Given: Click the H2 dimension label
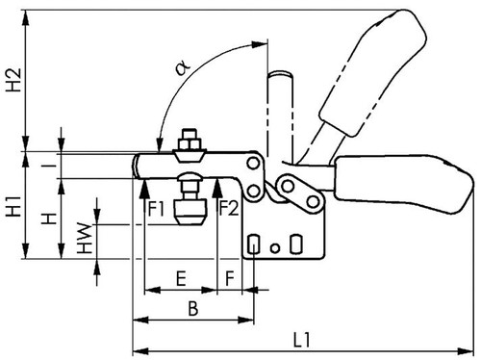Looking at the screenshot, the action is [x=13, y=80].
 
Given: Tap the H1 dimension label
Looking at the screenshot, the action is [x=13, y=206].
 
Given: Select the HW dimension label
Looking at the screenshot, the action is [x=85, y=238].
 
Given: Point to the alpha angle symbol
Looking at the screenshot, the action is [x=183, y=68].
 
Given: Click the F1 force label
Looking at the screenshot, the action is [x=156, y=209].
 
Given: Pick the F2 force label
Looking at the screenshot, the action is [x=229, y=208].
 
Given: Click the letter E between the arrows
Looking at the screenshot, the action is [x=182, y=278].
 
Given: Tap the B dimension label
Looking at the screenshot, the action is [x=193, y=308].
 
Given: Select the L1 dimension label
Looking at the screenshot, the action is [x=302, y=340].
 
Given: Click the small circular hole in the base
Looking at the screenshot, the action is [x=275, y=248].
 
